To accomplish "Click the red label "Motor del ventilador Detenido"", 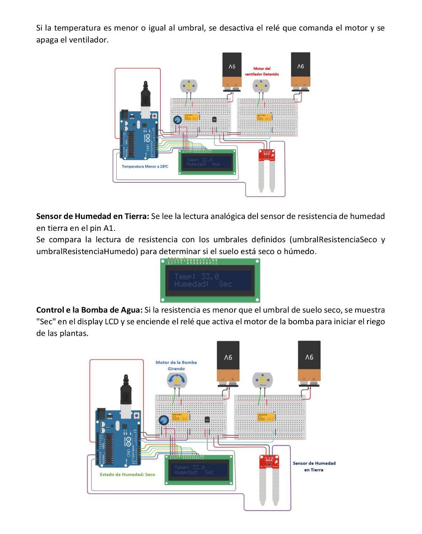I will pyautogui.click(x=262, y=71).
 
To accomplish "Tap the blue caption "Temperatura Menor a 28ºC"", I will pyautogui.click(x=145, y=166).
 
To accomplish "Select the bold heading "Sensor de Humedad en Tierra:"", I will pyautogui.click(x=93, y=216).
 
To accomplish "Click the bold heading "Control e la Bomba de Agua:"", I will pyautogui.click(x=89, y=310).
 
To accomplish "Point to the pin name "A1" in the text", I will pyautogui.click(x=110, y=228).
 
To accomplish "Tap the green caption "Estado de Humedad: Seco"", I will pyautogui.click(x=127, y=474).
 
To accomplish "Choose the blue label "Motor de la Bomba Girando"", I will pyautogui.click(x=176, y=365).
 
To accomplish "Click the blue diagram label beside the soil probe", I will pyautogui.click(x=314, y=466).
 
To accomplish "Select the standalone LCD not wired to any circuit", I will pyautogui.click(x=210, y=280).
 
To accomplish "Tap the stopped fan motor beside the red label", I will pyautogui.click(x=261, y=86).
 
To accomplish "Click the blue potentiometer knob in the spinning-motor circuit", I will pyautogui.click(x=162, y=420).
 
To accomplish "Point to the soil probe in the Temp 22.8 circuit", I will pyautogui.click(x=266, y=169).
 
